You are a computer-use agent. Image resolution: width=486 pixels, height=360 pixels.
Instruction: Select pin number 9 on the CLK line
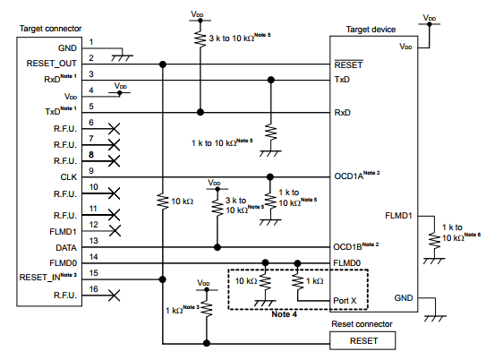[x=92, y=171]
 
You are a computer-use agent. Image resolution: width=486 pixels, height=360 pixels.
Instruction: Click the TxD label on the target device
[x=342, y=80]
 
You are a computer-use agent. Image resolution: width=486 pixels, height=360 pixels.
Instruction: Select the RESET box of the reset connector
[x=363, y=341]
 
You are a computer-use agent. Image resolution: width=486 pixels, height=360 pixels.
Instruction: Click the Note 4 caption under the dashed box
[x=285, y=315]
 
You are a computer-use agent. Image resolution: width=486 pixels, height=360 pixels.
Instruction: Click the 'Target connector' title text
[x=49, y=30]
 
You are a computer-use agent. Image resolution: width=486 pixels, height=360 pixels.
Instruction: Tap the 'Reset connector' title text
[x=362, y=323]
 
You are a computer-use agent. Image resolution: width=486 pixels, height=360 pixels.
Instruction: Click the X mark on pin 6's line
[x=114, y=129]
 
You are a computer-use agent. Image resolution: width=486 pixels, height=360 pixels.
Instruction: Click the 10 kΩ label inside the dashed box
[x=246, y=280]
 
